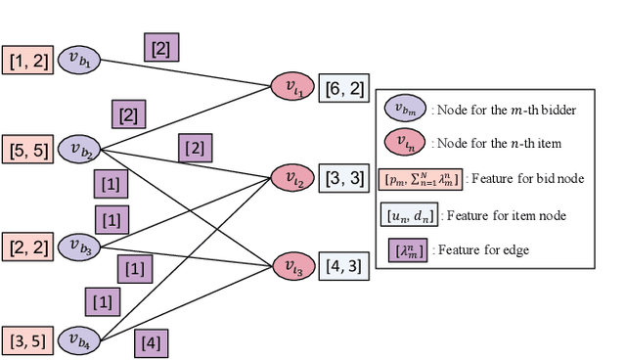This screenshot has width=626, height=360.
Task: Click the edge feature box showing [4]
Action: tap(151, 342)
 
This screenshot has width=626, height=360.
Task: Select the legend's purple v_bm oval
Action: tap(404, 110)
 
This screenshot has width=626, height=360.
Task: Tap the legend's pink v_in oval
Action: tap(404, 144)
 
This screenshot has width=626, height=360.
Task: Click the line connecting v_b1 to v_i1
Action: tap(186, 73)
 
